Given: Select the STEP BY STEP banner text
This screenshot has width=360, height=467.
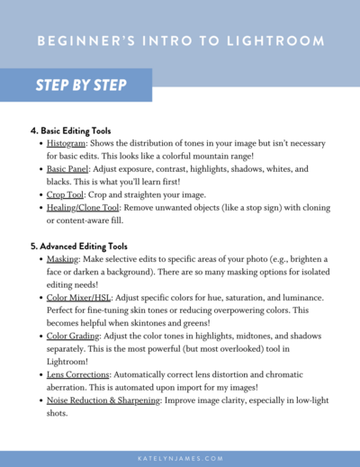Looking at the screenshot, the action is point(81,85).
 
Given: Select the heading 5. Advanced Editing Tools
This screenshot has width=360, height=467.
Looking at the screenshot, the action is point(79,245).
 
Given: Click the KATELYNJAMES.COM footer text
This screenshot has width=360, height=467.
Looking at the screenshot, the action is point(180,458).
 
